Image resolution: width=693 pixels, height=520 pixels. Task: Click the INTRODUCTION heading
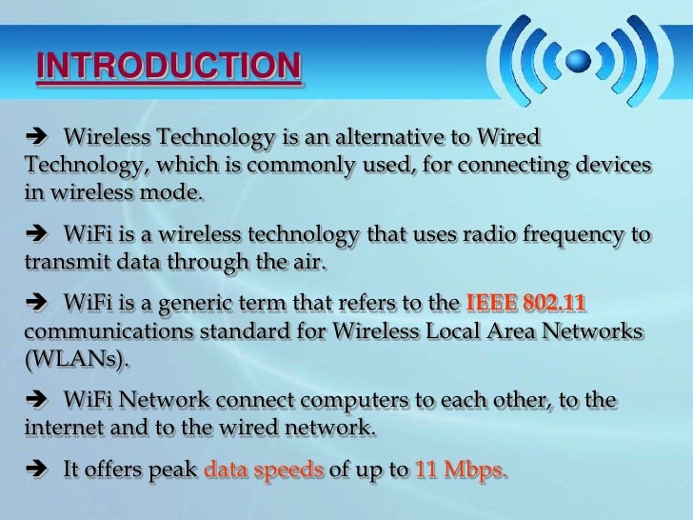point(168,68)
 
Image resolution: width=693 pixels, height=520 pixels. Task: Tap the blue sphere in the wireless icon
point(578,59)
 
